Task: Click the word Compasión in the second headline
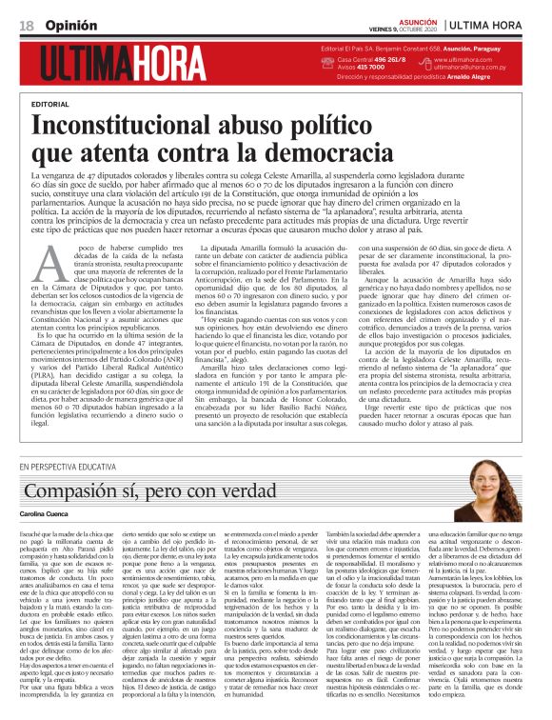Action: coord(82,491)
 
